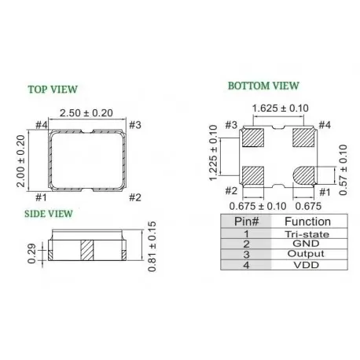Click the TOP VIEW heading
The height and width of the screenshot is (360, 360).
point(52,88)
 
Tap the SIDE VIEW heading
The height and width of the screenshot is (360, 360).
point(50,213)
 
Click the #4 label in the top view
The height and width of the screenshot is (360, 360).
point(42,124)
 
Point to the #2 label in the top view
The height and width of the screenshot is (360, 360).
point(134,197)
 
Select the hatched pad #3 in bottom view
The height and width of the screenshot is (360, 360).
point(254,138)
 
